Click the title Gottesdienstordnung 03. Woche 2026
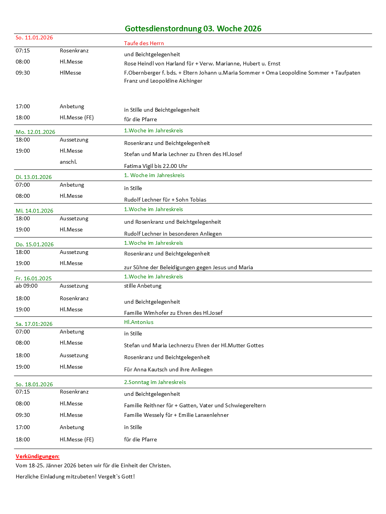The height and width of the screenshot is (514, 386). (193, 29)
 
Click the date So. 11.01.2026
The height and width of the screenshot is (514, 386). (34, 37)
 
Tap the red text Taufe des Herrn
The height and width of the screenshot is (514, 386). (144, 43)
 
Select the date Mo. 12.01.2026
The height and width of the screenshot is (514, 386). (35, 132)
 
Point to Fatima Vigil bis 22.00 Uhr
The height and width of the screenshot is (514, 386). (155, 166)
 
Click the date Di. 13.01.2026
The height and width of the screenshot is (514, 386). (34, 177)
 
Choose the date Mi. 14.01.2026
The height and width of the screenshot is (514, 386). (34, 211)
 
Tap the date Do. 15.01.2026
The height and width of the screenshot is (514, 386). (34, 244)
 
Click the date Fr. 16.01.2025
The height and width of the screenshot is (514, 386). (34, 278)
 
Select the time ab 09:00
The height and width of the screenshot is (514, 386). (27, 286)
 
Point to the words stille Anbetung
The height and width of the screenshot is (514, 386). (143, 286)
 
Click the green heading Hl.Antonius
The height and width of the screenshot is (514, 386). (139, 322)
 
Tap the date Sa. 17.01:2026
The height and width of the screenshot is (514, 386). (34, 324)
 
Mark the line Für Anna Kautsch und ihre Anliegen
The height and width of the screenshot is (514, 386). (168, 369)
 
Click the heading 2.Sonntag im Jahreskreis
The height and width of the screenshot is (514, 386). (155, 382)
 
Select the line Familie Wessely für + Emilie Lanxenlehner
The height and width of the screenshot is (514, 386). (176, 415)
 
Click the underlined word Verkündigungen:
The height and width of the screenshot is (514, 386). (38, 456)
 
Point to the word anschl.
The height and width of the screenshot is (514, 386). (68, 162)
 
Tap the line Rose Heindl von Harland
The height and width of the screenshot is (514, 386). (202, 63)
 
